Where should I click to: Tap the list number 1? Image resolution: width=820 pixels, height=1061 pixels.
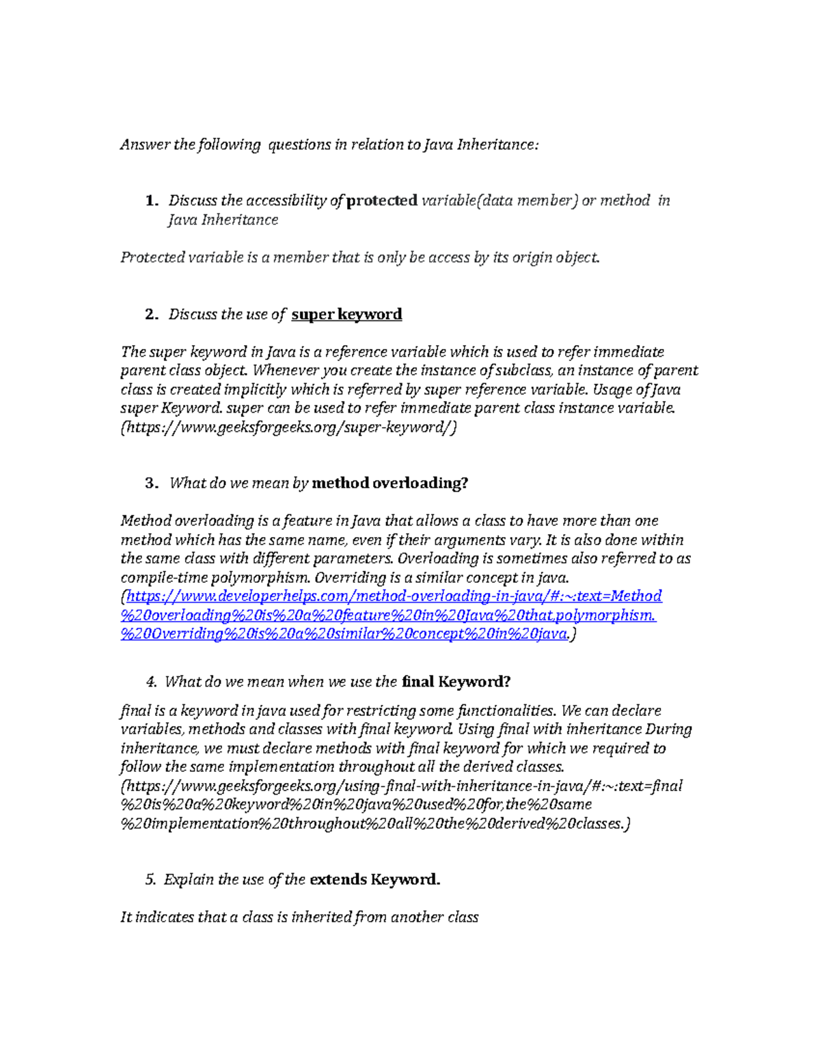151,201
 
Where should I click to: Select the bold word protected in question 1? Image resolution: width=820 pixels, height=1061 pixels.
382,201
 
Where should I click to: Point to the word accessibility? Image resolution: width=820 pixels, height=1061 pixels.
286,201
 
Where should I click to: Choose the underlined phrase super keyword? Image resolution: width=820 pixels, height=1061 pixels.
346,314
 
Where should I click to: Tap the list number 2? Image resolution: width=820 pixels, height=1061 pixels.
151,314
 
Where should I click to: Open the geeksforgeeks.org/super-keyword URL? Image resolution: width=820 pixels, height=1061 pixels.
288,428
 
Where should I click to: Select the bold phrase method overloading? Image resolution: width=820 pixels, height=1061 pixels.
389,483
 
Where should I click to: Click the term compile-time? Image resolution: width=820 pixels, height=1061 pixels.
158,578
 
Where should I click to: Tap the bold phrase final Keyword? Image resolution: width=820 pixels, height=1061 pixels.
456,682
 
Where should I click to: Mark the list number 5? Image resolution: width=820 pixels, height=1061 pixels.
150,880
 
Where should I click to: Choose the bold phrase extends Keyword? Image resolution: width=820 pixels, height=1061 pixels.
374,880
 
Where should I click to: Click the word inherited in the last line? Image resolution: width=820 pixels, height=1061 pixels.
320,918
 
